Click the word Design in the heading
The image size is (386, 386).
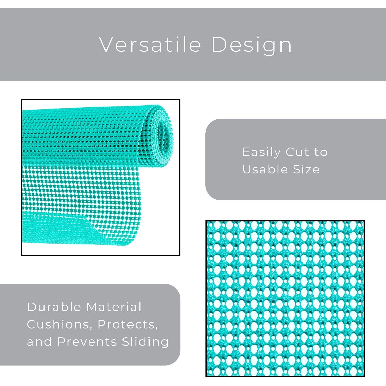click(x=251, y=45)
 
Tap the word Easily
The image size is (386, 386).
click(x=262, y=152)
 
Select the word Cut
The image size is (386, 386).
click(x=295, y=152)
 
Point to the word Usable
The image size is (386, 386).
click(x=265, y=169)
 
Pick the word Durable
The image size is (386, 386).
click(x=54, y=307)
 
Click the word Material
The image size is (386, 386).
click(x=114, y=307)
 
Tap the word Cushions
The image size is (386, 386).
click(x=58, y=324)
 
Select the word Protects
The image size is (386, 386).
click(x=127, y=324)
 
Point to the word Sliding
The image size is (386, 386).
click(x=145, y=342)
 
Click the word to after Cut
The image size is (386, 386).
click(x=321, y=152)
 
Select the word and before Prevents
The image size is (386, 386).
click(x=39, y=342)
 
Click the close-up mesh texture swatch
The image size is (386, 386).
click(x=285, y=299)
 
